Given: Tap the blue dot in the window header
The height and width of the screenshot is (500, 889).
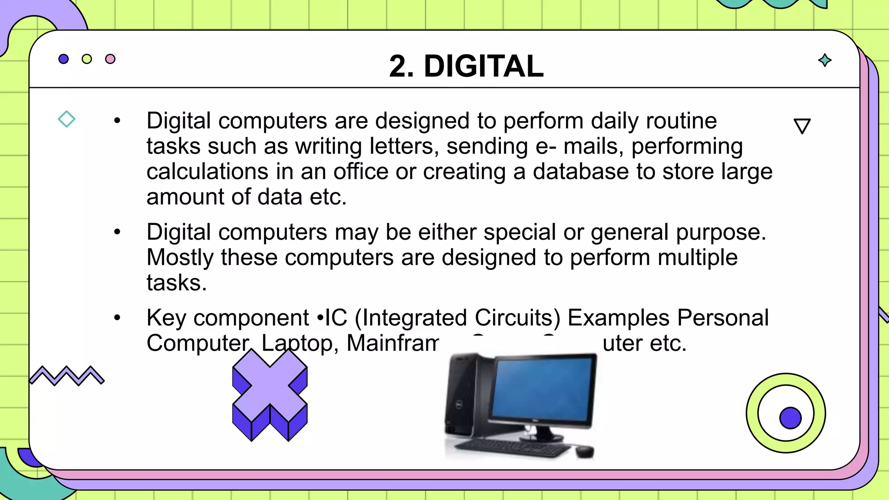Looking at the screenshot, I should [x=63, y=59].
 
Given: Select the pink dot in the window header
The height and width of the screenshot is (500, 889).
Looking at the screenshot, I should [x=110, y=59].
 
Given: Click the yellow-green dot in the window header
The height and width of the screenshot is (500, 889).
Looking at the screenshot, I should [x=87, y=59].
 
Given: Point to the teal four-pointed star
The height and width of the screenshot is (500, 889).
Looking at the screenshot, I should [x=825, y=60].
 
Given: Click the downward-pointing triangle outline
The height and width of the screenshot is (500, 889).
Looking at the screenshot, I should [x=802, y=125].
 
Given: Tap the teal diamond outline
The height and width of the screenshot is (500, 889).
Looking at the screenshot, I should [x=66, y=119].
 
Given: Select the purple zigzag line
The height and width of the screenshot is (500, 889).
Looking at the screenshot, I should [x=66, y=375].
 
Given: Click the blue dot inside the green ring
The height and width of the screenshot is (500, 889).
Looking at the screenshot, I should [x=790, y=418].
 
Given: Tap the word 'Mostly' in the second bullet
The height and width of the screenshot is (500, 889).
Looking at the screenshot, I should [x=180, y=257].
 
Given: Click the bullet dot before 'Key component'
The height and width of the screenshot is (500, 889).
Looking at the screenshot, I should [x=117, y=318].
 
